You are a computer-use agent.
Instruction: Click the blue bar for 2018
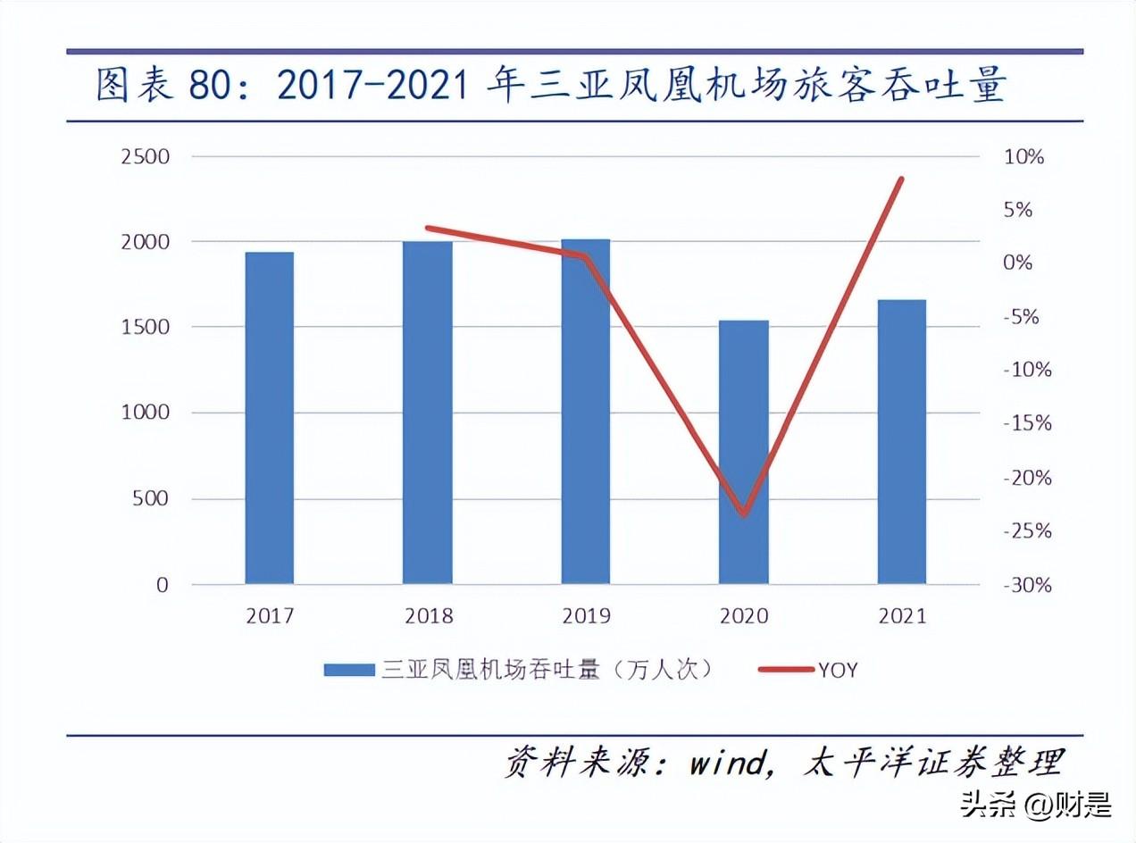pyautogui.click(x=428, y=413)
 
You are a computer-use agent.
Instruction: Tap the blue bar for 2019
pyautogui.click(x=586, y=412)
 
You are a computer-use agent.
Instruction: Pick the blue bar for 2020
pyautogui.click(x=744, y=452)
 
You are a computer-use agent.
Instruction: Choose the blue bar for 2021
pyautogui.click(x=902, y=442)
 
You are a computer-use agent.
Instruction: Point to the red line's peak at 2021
pyautogui.click(x=902, y=179)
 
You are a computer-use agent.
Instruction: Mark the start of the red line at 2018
pyautogui.click(x=428, y=229)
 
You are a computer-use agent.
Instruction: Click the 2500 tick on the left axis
pyautogui.click(x=145, y=157)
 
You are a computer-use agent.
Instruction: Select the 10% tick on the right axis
pyautogui.click(x=1024, y=157)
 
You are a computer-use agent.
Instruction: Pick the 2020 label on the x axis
pyautogui.click(x=744, y=616)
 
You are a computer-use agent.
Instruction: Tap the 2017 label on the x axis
pyautogui.click(x=270, y=616)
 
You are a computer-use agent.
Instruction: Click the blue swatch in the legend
pyautogui.click(x=348, y=670)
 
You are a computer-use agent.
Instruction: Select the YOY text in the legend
pyautogui.click(x=837, y=670)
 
